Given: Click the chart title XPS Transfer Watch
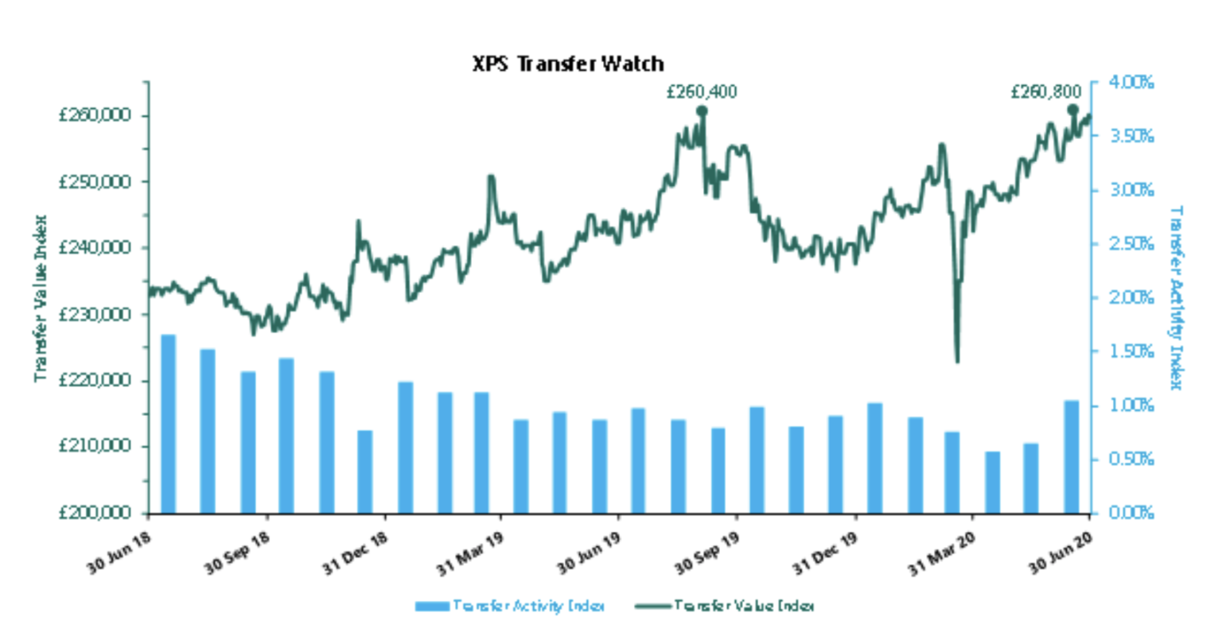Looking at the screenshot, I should click(567, 64).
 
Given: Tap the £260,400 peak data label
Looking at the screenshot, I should click(701, 92).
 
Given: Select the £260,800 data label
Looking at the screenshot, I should click(1045, 92).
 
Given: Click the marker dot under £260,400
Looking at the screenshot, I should click(702, 111).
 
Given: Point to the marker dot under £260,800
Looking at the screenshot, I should click(1072, 110).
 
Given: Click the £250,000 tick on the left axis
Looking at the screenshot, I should click(95, 182).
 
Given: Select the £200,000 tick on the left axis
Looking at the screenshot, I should click(95, 513).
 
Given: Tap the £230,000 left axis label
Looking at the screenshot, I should click(95, 314).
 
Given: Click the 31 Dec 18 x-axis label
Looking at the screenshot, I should click(355, 553).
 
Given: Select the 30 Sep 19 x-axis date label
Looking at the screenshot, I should click(707, 553).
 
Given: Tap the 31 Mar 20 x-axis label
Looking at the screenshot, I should click(942, 553).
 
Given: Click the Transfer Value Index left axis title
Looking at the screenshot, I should click(41, 298).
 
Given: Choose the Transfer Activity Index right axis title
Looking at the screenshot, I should click(1176, 298).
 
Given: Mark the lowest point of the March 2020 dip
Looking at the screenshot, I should click(957, 362).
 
